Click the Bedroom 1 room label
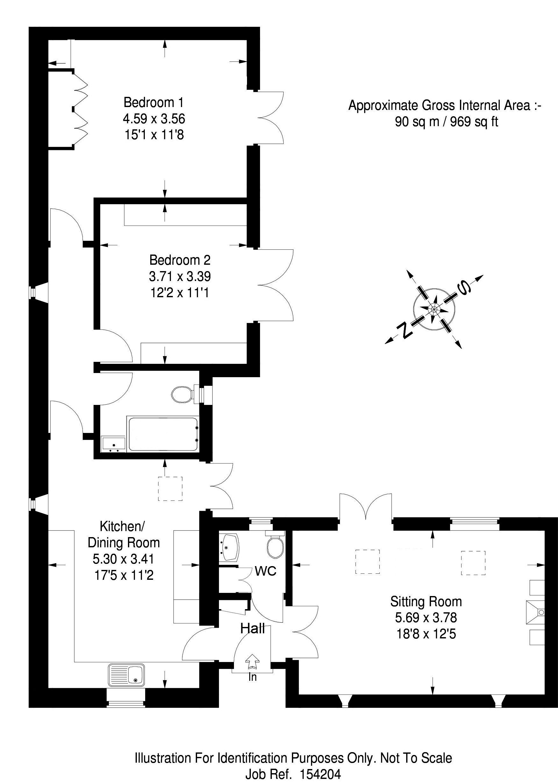coord(154,103)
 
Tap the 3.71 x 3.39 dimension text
coord(180,276)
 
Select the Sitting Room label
coord(426,602)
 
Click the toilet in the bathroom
coord(181,394)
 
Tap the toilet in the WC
coord(275,546)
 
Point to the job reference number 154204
coord(320,774)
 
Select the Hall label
coord(252,629)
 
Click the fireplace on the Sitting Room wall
coord(535,612)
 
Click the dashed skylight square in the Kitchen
coord(170,489)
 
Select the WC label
coord(265,571)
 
